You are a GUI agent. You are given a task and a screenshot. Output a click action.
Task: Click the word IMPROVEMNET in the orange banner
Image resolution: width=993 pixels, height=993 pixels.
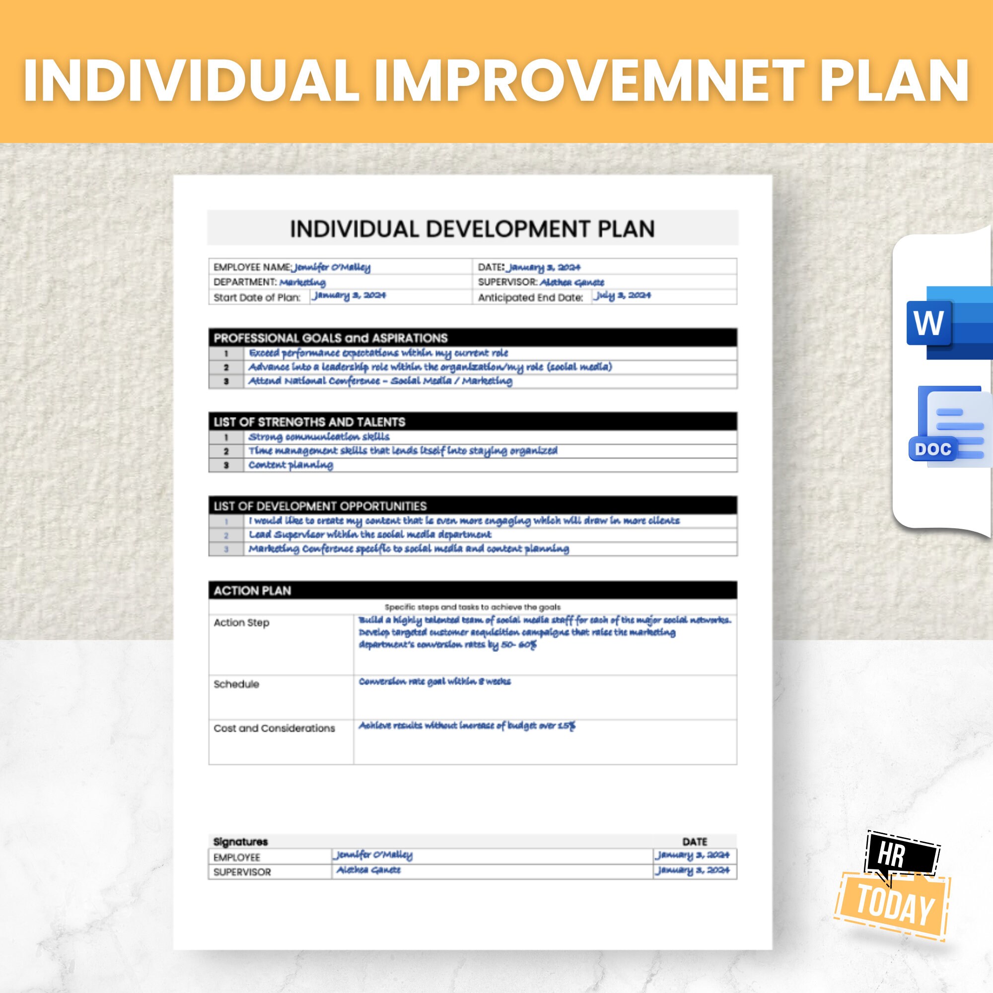coord(589,81)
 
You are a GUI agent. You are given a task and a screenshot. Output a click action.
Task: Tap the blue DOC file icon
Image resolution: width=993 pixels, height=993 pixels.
coord(949,426)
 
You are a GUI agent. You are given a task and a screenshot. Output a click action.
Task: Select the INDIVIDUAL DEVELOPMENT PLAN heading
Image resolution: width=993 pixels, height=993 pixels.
coord(472,229)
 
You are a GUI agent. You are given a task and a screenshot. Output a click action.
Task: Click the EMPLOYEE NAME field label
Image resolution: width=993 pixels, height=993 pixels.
coord(252,267)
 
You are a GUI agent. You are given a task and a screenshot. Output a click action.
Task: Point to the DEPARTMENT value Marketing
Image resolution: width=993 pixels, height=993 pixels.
coord(302,282)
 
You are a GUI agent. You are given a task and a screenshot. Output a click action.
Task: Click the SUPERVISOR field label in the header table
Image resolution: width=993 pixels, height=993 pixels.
coord(507,282)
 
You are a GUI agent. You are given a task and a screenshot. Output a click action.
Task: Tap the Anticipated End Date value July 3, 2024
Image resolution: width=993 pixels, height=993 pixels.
coord(622,295)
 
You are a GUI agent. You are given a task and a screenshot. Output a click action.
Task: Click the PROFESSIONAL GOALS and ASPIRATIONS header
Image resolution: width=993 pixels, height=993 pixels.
coord(331,338)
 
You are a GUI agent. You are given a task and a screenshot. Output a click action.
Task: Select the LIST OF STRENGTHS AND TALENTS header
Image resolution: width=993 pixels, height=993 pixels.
coord(309,422)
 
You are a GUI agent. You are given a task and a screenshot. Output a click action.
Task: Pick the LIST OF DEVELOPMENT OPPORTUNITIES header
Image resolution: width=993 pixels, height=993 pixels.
coord(320,506)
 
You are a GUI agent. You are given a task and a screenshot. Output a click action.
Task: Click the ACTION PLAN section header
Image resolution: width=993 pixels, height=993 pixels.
coord(252,590)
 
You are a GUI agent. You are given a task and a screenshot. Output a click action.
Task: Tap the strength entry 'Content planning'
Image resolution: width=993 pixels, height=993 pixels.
coord(290,465)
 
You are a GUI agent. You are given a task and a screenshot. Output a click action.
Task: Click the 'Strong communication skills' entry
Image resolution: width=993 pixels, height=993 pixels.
coord(319,437)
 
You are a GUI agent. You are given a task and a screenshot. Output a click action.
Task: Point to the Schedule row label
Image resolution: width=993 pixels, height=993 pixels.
coord(236,684)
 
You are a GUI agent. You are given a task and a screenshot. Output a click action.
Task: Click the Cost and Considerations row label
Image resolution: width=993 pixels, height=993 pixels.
coord(274,728)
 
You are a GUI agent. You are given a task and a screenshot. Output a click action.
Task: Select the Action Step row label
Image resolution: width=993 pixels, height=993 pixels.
coord(241,623)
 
